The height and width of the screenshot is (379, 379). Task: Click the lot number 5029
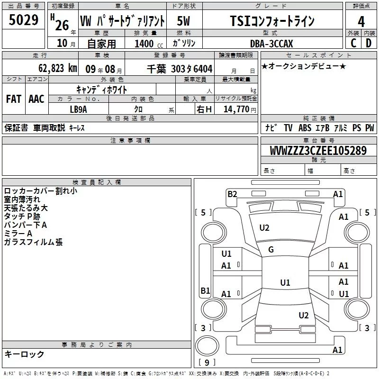coord(23,20)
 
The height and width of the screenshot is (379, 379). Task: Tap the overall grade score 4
coord(361,21)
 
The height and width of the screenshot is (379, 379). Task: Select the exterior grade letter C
coord(353,43)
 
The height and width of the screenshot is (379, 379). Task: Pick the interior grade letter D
coord(369,43)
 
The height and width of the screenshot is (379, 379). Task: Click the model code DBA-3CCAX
coord(271,44)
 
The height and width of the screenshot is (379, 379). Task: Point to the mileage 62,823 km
coord(58,68)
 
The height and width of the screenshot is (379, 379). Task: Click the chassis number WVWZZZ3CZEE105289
coord(318,151)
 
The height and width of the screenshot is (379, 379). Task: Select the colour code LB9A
coord(78,109)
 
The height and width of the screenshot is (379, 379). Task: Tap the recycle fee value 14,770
coord(236,109)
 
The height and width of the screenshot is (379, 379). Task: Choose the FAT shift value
coord(14,99)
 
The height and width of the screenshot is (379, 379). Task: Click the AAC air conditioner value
coord(36,99)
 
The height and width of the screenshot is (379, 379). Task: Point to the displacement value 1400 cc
coord(149,44)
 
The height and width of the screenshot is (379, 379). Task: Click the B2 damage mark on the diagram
coord(232,194)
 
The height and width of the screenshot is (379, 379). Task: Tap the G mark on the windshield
coord(271,250)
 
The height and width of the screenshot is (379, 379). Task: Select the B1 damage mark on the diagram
coord(206,290)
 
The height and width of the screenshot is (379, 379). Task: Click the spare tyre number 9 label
coord(207,362)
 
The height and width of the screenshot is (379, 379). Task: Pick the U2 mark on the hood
coord(264,228)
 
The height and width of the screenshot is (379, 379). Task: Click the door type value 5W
coord(183,21)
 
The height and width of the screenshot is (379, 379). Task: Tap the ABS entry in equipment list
coord(305,128)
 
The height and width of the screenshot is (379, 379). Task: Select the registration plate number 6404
coord(203,69)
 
